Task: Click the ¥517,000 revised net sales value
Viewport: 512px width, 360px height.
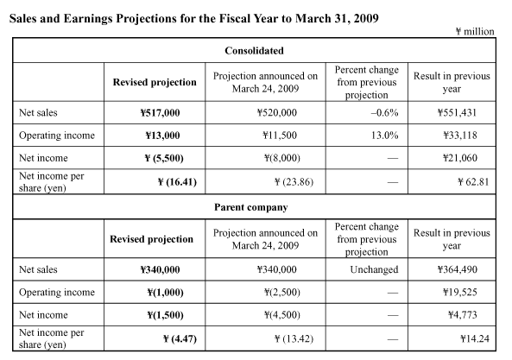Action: [x=160, y=113]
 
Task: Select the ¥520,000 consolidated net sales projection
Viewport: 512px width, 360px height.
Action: [x=277, y=113]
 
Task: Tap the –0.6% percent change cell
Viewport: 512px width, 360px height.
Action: [x=385, y=113]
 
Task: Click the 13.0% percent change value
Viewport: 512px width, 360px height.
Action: [x=385, y=136]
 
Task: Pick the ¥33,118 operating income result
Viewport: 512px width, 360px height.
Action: [x=460, y=136]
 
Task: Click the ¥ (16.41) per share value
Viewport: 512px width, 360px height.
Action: [x=177, y=182]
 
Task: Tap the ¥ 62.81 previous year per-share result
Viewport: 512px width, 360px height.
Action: [x=473, y=182]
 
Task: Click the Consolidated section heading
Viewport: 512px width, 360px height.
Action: [x=254, y=51]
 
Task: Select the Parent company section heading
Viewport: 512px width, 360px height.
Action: [x=250, y=207]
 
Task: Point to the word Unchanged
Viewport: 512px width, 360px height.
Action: [x=374, y=269]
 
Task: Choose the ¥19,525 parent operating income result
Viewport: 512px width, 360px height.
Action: [x=460, y=292]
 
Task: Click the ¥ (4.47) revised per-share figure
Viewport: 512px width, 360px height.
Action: [x=180, y=338]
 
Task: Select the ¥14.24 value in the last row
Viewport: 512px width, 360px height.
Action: [x=475, y=338]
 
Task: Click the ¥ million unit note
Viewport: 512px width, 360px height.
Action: [x=475, y=32]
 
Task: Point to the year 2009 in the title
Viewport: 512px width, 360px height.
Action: [x=366, y=19]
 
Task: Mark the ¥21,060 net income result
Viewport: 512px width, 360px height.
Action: [x=460, y=158]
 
